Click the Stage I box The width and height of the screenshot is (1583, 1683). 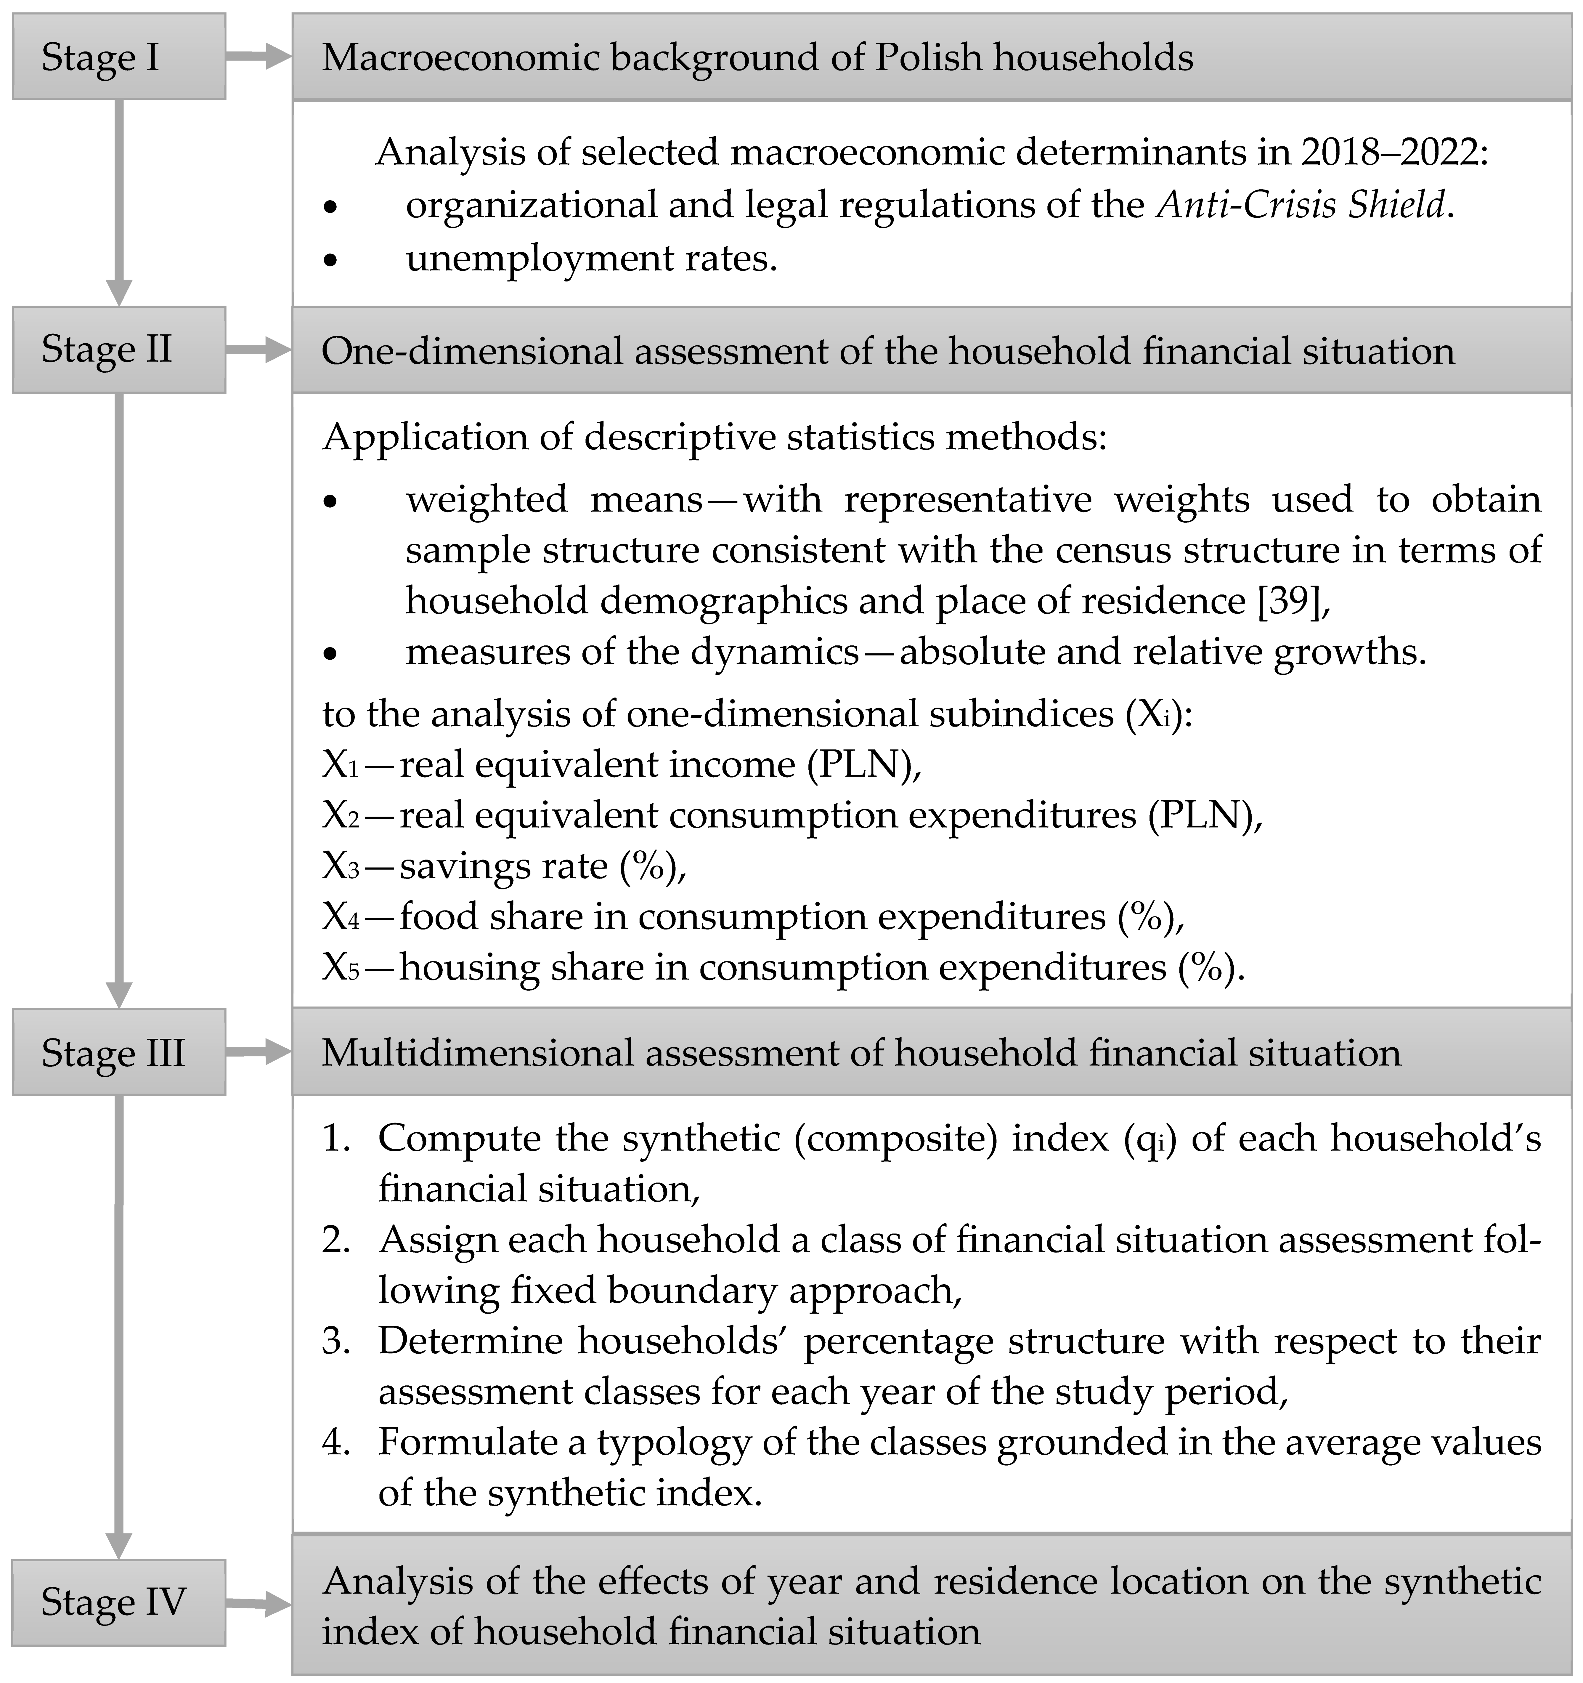tap(118, 57)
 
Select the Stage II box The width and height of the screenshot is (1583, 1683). tap(118, 350)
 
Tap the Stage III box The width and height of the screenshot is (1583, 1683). tap(118, 1052)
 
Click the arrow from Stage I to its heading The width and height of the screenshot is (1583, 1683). tap(258, 57)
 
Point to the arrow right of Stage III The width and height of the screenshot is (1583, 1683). tap(258, 1052)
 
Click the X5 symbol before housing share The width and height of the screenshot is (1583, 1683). tap(341, 968)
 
